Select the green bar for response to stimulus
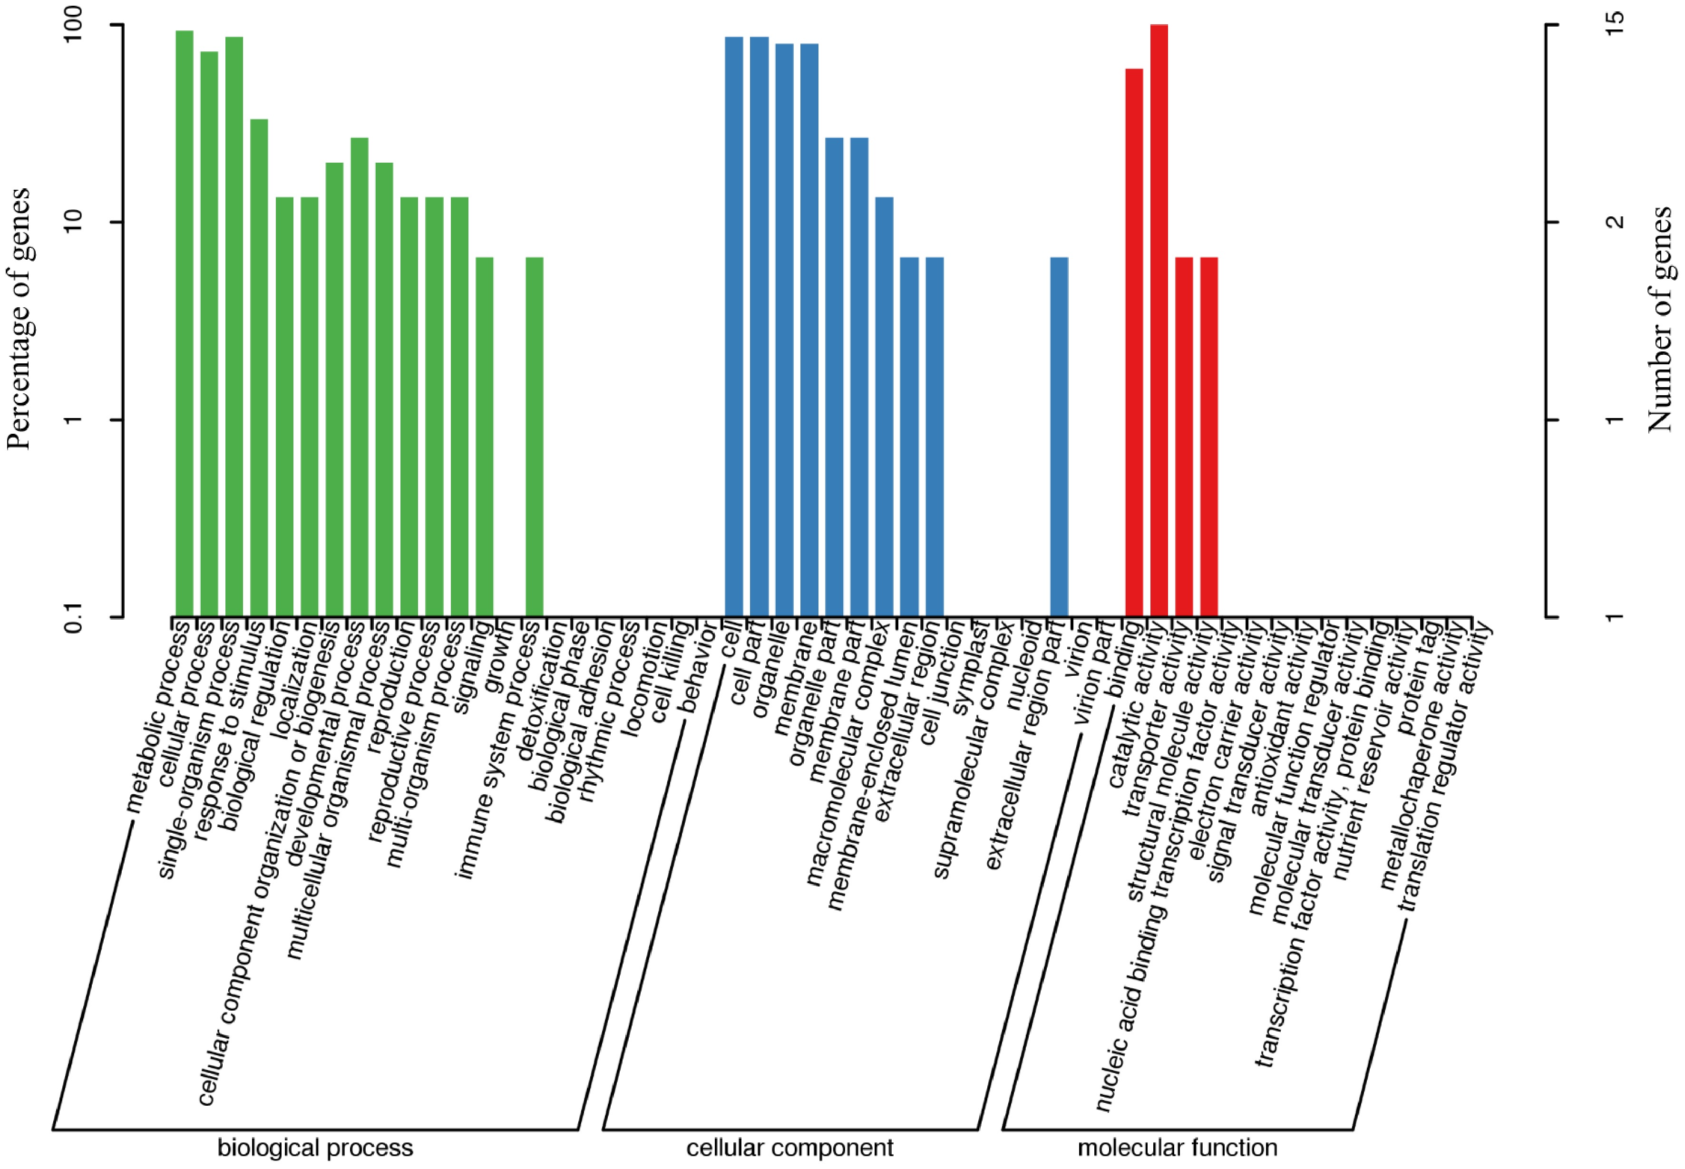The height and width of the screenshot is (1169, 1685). click(259, 366)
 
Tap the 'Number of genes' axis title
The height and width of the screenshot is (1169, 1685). click(1660, 319)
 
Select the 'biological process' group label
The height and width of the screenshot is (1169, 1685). click(315, 1148)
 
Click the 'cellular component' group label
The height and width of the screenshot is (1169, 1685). click(789, 1148)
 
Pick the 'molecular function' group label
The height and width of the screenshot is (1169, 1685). click(1178, 1148)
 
